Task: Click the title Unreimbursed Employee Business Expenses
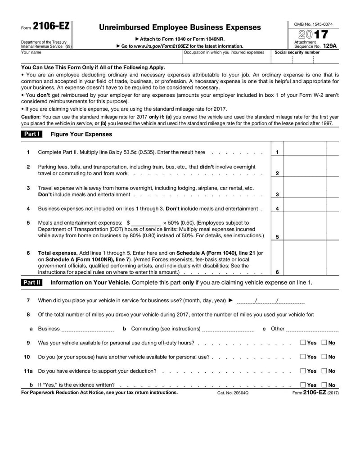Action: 180,27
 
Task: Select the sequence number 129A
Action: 329,46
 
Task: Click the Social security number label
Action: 297,52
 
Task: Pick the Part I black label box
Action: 31,134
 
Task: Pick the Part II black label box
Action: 31,283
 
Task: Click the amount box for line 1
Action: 304,152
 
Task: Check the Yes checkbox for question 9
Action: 303,343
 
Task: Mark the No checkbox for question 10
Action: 324,357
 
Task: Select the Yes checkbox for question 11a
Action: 303,371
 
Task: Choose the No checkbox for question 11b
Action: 324,385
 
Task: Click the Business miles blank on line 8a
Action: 88,329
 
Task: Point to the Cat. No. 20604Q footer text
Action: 233,393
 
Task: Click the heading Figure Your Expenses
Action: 81,134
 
